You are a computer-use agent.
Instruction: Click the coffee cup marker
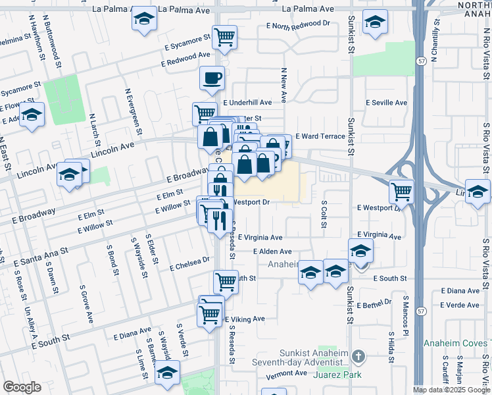coord(211,78)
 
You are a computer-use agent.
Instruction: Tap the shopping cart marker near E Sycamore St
coord(225,38)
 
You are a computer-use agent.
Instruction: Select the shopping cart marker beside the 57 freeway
coord(401,192)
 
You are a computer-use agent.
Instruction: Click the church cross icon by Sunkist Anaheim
coord(358,357)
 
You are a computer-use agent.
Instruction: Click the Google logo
coord(22,387)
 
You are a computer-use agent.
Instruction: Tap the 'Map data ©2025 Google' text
coord(451,390)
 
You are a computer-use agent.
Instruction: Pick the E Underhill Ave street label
coord(247,103)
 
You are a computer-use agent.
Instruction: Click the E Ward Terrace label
coord(320,136)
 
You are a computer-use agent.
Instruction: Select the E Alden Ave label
coord(272,251)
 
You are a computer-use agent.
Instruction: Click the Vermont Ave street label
coord(287,373)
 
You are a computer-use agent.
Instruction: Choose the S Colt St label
coord(324,215)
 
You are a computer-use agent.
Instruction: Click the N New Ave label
coord(284,85)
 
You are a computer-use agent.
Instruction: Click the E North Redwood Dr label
coord(298,24)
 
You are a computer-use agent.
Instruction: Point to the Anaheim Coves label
coord(465,343)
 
